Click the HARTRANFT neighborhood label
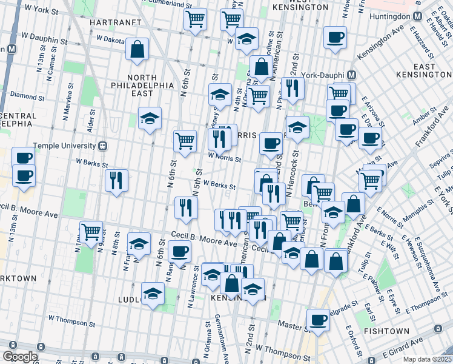[x=108, y=22]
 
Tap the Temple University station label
[x=65, y=146]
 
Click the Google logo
[x=19, y=357]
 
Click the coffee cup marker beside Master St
[x=318, y=320]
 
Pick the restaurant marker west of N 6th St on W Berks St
[x=116, y=180]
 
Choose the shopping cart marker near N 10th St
[x=91, y=232]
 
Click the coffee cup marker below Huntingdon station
[x=335, y=38]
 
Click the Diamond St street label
[x=23, y=96]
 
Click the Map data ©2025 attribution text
[x=426, y=359]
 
